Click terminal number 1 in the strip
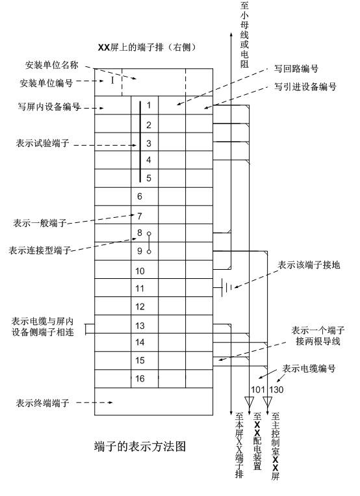[149, 105]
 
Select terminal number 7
[140, 216]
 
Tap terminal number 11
[140, 289]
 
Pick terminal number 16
[140, 378]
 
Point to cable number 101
[258, 389]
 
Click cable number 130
[276, 389]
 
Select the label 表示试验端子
[42, 143]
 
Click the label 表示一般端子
[40, 223]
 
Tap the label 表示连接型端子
[40, 250]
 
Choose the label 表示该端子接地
[309, 265]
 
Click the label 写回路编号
[296, 69]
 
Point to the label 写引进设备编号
[305, 86]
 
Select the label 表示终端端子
[42, 403]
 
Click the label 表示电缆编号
[309, 369]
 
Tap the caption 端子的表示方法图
[140, 447]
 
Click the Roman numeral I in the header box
[112, 81]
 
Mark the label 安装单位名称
[51, 65]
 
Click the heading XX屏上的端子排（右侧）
[147, 47]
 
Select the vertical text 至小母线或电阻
[244, 35]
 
